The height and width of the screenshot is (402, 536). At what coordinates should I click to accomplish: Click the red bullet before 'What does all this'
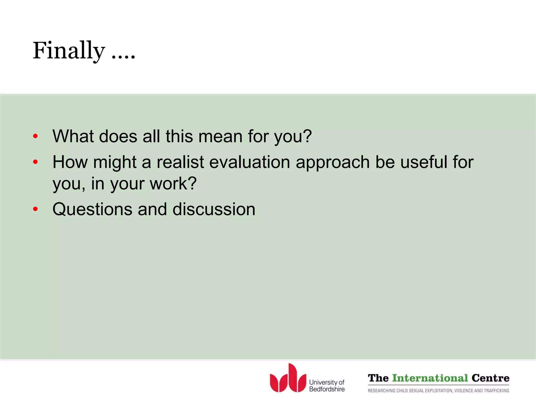36,136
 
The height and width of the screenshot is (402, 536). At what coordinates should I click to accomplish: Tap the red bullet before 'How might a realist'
36,162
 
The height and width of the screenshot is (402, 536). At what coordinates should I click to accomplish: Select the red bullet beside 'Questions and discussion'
36,209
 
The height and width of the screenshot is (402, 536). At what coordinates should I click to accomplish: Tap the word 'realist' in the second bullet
180,162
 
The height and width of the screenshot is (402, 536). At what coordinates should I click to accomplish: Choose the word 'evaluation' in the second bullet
250,162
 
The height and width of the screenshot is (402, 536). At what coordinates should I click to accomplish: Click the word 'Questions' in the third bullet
92,209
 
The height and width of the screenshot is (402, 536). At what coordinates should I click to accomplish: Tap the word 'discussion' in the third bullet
214,209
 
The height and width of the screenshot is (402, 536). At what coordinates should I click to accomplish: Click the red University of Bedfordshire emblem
288,379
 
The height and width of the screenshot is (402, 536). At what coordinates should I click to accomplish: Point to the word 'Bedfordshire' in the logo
327,389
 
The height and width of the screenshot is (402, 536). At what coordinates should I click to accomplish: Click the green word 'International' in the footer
430,378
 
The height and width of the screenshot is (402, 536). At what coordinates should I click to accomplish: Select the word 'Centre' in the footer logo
490,378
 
